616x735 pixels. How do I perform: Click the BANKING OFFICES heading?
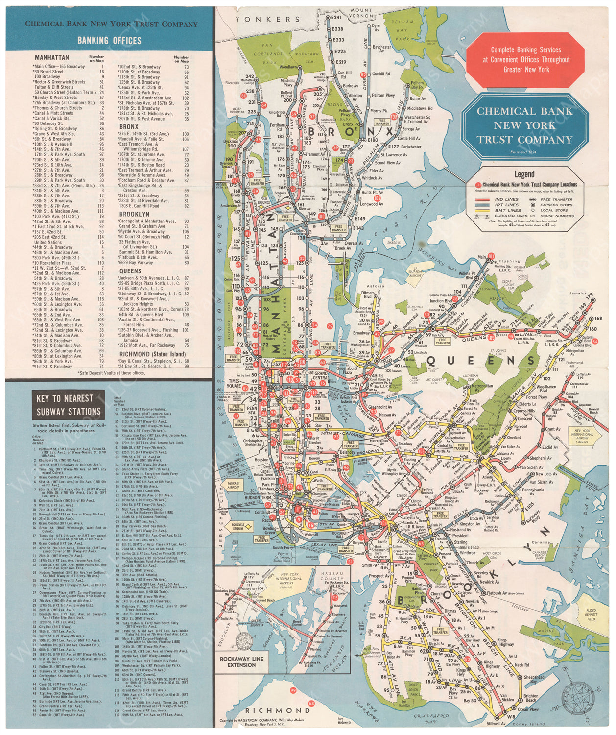(109, 40)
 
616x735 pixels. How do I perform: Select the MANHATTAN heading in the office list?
(52, 57)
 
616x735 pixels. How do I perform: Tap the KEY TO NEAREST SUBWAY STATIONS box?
(69, 405)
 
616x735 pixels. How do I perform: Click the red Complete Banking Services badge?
(525, 60)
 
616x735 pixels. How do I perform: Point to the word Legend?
(524, 174)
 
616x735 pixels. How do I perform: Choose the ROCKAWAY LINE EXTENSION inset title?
(241, 661)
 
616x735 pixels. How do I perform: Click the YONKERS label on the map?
(268, 20)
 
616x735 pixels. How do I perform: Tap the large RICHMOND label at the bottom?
(278, 710)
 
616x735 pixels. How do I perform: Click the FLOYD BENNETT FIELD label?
(591, 615)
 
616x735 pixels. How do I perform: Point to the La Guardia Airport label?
(415, 272)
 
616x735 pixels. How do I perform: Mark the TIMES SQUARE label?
(234, 383)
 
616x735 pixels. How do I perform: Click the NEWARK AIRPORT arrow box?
(234, 485)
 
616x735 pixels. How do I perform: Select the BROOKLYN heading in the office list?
(134, 214)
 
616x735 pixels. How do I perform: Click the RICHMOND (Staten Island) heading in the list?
(152, 354)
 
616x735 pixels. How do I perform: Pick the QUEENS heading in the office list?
(130, 270)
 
